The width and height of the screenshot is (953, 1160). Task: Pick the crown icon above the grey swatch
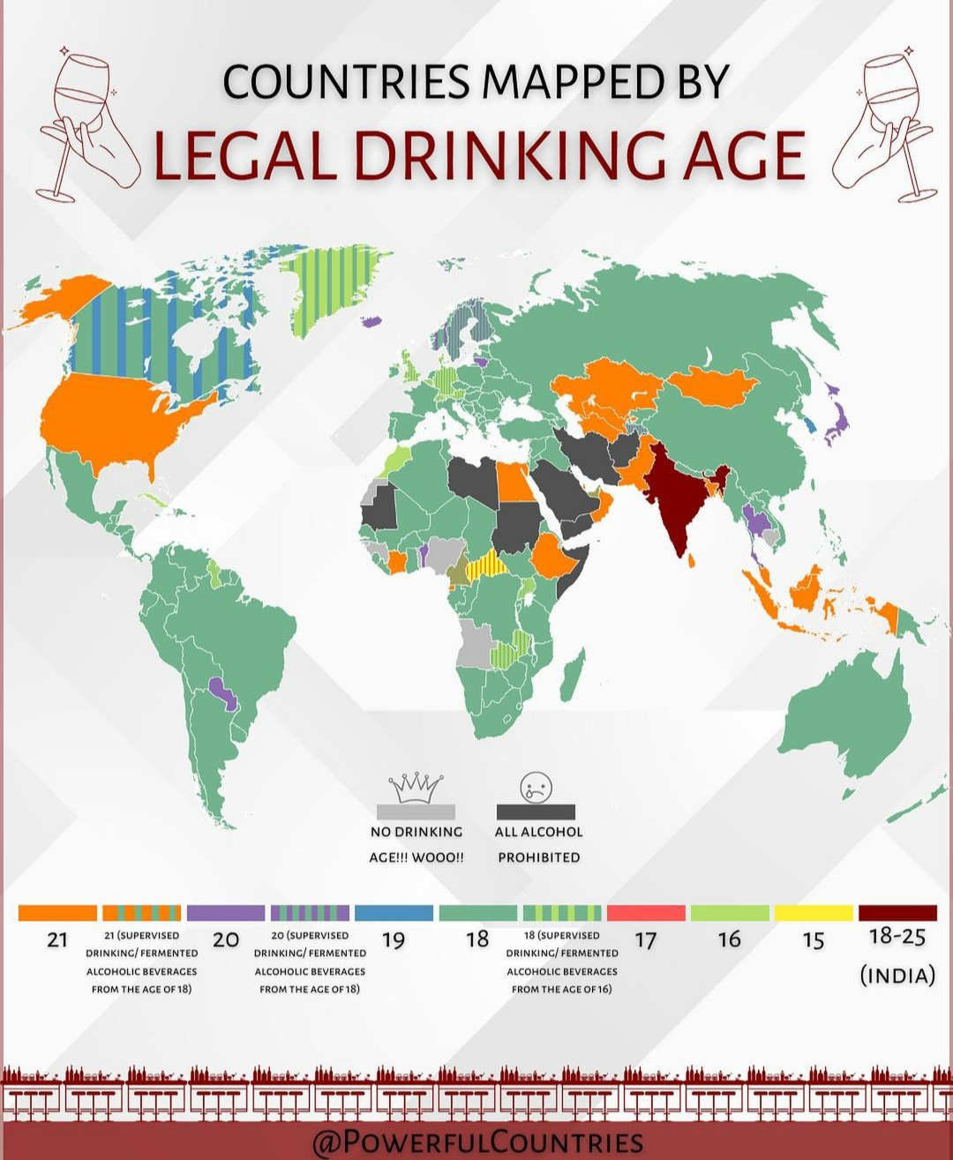(416, 787)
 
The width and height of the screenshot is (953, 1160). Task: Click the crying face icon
(536, 786)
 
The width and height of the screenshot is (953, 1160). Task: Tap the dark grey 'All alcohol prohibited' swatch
(536, 812)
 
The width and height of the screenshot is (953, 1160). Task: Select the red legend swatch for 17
(646, 912)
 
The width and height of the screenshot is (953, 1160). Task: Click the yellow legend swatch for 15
(814, 912)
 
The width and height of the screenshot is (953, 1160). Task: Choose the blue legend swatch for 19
(394, 912)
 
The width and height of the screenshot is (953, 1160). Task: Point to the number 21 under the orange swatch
(57, 939)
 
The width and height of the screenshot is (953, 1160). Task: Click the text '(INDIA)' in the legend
(897, 976)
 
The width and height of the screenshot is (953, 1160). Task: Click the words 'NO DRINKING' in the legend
(416, 832)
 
